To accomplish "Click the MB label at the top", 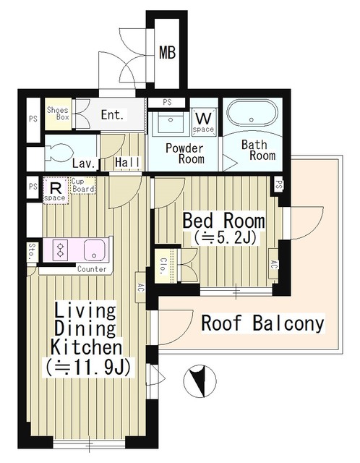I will (167, 52).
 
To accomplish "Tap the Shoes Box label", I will (58, 115).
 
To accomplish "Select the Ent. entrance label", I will (112, 115).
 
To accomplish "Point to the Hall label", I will (127, 163).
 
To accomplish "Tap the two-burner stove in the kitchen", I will (60, 250).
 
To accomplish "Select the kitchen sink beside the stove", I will (94, 250).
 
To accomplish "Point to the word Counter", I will (92, 270).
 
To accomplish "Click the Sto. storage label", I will (33, 253).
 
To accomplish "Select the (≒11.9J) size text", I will (87, 367).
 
